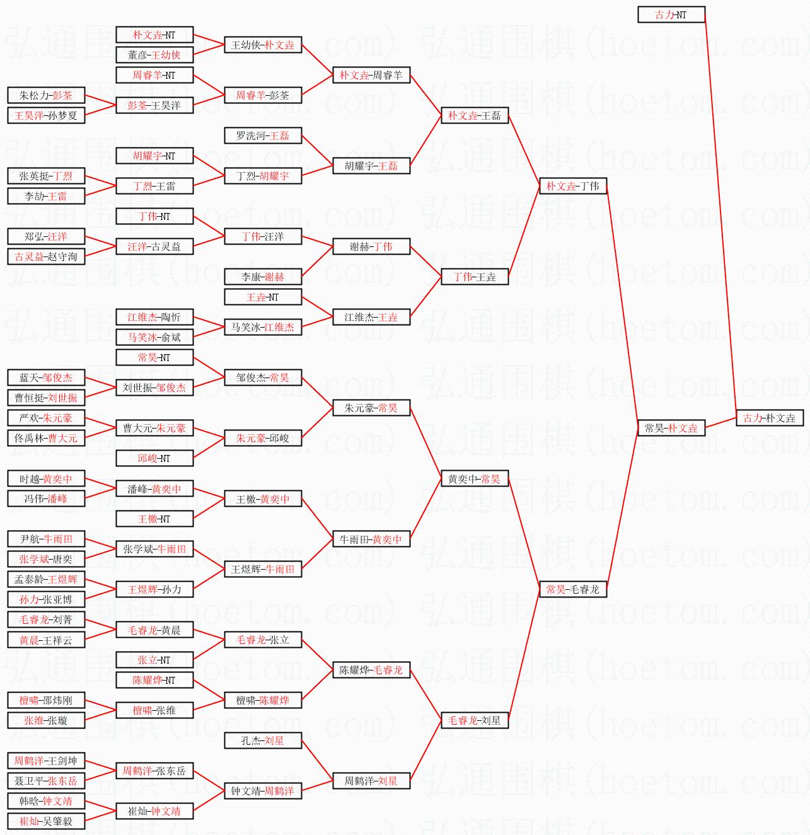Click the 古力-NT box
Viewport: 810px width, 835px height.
click(x=671, y=14)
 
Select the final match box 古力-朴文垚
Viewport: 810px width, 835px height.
click(x=769, y=418)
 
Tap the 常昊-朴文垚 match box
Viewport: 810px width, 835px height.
click(x=671, y=428)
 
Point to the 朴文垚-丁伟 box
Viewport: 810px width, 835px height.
click(x=572, y=186)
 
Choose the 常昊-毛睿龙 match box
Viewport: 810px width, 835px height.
click(x=572, y=589)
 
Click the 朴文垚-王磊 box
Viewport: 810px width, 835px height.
click(x=474, y=115)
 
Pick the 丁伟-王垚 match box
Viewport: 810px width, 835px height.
click(x=474, y=277)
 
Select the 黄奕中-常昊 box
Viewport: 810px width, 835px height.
click(x=474, y=479)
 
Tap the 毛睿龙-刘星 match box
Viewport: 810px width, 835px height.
click(x=474, y=720)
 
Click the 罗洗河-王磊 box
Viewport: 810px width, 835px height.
click(x=263, y=135)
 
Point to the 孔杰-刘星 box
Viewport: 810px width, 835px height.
click(x=263, y=740)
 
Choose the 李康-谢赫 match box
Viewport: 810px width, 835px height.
click(x=263, y=277)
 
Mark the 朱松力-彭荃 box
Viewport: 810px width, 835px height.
click(x=46, y=95)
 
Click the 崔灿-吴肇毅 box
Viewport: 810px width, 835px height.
click(x=46, y=821)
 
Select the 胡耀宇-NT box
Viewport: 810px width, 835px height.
click(x=154, y=156)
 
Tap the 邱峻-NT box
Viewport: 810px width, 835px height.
click(x=154, y=458)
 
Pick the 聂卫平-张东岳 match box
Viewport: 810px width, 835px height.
click(x=46, y=781)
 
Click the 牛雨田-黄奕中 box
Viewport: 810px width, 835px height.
click(x=371, y=539)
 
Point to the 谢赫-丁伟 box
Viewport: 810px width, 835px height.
click(x=371, y=246)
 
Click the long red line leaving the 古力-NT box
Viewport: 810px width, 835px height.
click(x=720, y=214)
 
